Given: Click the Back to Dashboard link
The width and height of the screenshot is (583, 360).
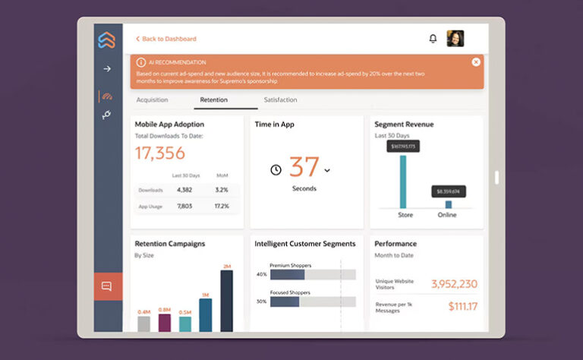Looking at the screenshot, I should tap(168, 39).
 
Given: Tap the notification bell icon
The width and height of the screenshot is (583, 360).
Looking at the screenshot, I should tap(433, 39).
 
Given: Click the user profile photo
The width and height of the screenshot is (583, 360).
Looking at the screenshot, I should tap(455, 39).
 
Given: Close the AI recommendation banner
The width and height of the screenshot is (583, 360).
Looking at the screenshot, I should tap(476, 62).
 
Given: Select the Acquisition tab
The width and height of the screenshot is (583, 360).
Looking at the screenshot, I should tap(152, 100).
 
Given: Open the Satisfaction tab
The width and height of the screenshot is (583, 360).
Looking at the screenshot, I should tap(280, 100).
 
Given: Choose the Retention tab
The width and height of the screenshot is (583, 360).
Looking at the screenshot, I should tap(213, 100).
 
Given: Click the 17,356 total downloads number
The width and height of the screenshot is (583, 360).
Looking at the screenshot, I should tap(159, 153).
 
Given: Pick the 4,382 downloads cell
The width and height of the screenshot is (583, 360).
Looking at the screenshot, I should tap(184, 190).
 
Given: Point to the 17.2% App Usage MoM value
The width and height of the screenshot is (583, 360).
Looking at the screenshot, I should tap(222, 206).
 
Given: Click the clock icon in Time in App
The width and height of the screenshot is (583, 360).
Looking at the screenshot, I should tap(276, 170).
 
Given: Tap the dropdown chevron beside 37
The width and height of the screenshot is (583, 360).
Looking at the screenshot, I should tap(327, 170).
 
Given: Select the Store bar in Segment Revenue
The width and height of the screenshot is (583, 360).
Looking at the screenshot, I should tap(403, 182).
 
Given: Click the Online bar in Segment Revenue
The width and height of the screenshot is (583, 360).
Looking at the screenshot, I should tap(448, 204).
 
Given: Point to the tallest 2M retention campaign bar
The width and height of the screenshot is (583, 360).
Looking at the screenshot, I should tap(226, 301).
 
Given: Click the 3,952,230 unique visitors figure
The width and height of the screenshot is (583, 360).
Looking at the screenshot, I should tap(454, 284).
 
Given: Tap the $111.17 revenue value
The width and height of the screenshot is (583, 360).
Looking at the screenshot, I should tap(462, 306).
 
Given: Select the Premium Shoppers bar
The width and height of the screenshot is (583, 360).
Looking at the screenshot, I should tap(287, 274).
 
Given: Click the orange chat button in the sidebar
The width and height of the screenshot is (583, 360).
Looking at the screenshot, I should tap(106, 286).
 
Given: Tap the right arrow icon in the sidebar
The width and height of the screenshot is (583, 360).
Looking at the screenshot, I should tap(107, 68).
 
